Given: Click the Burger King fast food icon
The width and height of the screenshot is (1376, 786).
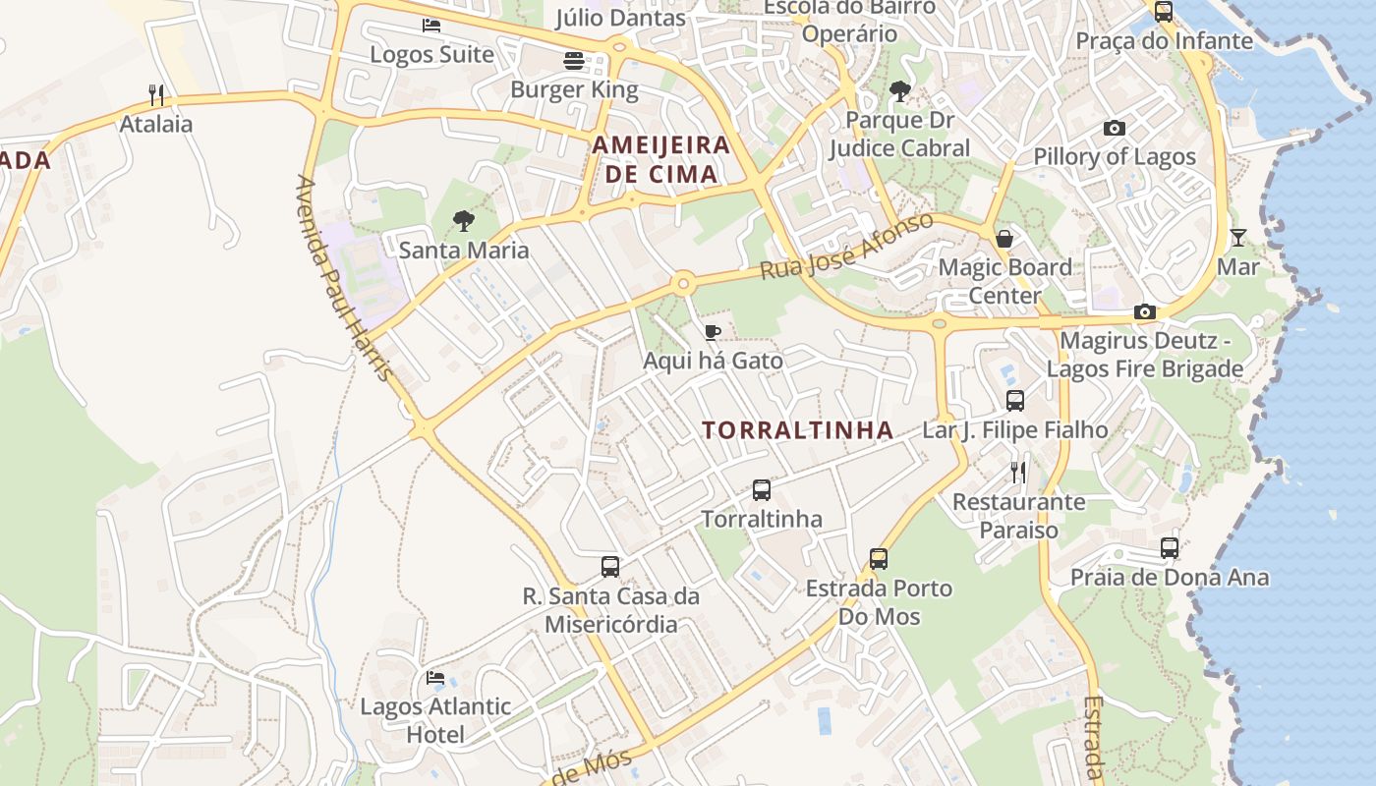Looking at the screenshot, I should pos(575,61).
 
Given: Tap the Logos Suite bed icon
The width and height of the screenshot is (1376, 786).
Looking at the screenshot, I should pos(431,26).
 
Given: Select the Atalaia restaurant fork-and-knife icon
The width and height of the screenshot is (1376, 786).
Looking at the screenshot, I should pos(156,95).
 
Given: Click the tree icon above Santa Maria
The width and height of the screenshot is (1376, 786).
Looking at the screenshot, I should pos(463,221).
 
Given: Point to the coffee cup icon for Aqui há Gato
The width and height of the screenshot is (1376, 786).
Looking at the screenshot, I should pos(713,332).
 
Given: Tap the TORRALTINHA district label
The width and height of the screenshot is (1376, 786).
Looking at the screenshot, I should pos(798,430).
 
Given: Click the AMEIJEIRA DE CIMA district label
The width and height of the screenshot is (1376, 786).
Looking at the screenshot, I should pos(661,160).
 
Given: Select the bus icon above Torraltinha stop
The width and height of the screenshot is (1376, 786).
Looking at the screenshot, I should pos(761,489).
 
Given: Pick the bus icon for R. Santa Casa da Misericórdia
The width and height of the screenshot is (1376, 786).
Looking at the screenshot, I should pos(610,567).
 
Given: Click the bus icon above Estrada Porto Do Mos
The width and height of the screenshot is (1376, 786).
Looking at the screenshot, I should pos(879,559).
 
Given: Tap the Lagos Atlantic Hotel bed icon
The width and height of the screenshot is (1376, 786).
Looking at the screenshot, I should pos(434,678).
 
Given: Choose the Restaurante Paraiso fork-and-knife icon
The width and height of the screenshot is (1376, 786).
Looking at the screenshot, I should pos(1018,473).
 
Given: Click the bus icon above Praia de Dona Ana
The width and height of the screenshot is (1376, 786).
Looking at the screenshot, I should pos(1169,548).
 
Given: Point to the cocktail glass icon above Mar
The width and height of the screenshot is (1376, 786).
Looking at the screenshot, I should pos(1237,238).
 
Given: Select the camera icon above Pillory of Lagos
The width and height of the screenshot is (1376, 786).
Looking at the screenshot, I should pos(1114,128).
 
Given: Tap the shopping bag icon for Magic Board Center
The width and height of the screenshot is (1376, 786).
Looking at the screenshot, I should pos(1004,239).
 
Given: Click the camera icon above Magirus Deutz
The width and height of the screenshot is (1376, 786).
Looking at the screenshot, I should pos(1144,312).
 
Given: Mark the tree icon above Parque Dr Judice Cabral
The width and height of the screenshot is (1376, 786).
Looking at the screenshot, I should pos(898,92).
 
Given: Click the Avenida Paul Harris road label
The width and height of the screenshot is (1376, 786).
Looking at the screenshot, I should pos(344,280).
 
